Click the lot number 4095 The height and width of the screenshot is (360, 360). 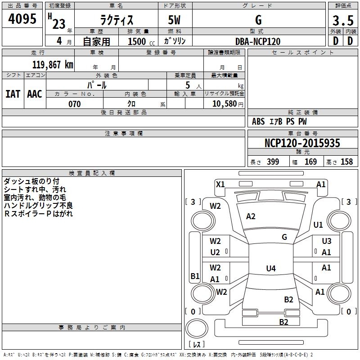[x=22, y=18]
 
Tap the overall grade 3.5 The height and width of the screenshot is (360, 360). [x=343, y=20]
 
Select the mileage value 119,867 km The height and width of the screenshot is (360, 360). [x=53, y=65]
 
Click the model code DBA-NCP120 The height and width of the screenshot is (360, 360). [x=258, y=41]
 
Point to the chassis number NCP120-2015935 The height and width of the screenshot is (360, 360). [x=302, y=143]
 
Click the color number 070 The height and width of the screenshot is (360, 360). [x=75, y=104]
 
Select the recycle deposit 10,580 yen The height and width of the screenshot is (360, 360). [x=228, y=104]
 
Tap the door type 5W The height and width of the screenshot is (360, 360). [x=174, y=20]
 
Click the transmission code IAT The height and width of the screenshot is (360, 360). [x=13, y=94]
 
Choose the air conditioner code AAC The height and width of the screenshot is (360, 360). [x=35, y=94]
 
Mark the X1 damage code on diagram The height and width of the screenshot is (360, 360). [x=220, y=184]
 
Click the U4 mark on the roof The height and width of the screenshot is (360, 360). [x=271, y=268]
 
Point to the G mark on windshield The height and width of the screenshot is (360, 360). [x=284, y=237]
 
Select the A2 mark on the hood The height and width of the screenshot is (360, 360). [x=251, y=216]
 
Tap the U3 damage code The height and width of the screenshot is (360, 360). [x=327, y=241]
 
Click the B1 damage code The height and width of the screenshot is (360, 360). [x=195, y=276]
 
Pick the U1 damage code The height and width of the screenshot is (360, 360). [x=318, y=225]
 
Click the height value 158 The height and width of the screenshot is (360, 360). [x=346, y=162]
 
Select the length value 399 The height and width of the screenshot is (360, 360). [x=273, y=162]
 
